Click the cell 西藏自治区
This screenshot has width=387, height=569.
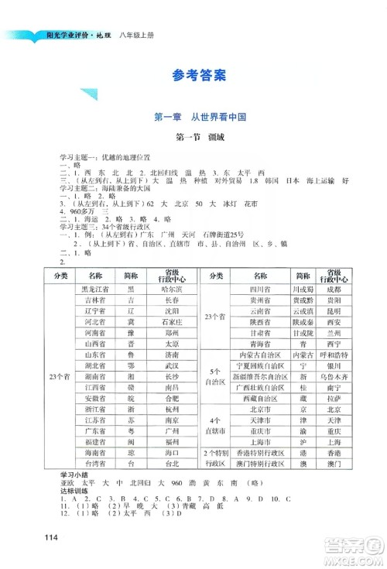249,396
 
